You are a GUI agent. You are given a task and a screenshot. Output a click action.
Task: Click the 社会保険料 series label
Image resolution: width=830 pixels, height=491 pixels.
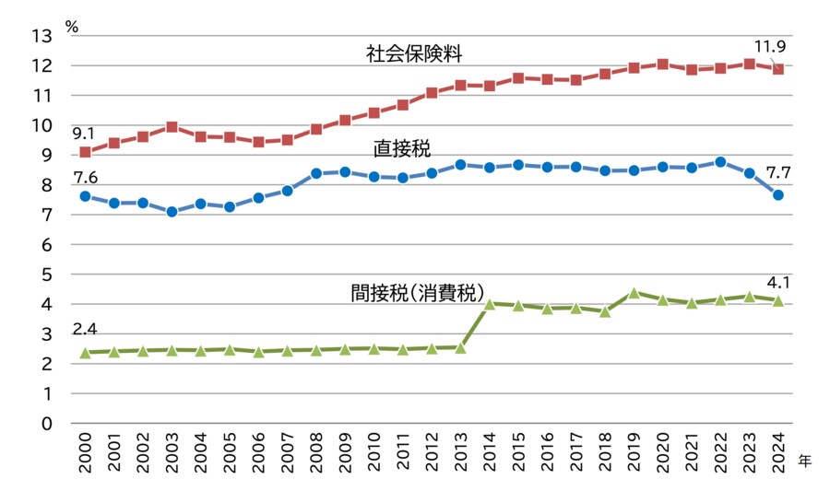tap(413, 54)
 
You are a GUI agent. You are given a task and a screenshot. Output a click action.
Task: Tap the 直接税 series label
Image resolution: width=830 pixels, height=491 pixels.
tap(402, 147)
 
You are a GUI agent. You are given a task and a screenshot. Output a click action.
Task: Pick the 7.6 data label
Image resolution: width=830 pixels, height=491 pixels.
tap(86, 178)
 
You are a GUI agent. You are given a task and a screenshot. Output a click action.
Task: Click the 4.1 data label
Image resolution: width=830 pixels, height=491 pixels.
tap(778, 282)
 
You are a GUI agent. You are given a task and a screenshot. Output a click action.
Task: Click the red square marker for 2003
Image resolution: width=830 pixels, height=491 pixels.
tap(172, 127)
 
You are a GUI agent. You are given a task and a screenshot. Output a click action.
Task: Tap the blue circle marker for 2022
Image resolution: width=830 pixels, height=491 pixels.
tap(720, 162)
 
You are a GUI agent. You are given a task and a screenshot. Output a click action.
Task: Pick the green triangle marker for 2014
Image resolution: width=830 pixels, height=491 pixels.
tap(490, 303)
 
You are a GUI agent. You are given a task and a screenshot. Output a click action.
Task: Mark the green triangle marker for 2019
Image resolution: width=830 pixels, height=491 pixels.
tap(634, 293)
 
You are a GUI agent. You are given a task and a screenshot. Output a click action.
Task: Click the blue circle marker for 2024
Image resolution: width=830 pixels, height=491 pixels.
tap(778, 194)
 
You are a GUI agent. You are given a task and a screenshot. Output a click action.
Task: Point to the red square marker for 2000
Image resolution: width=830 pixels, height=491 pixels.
tap(85, 152)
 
